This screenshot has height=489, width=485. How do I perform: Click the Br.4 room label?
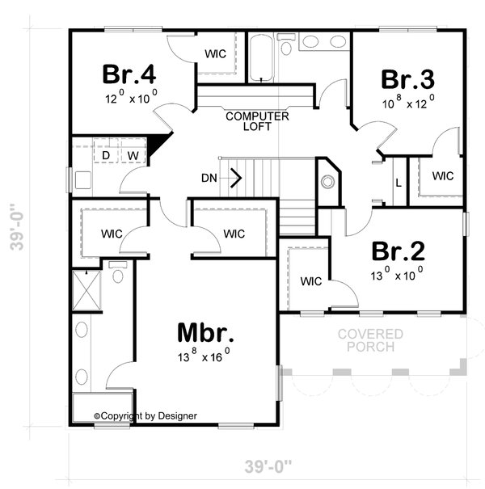(129, 74)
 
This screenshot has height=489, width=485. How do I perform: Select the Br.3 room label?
(407, 80)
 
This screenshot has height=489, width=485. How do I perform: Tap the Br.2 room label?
(399, 251)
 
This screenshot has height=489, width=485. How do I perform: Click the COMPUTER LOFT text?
(257, 121)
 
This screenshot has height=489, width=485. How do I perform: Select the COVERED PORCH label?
(371, 340)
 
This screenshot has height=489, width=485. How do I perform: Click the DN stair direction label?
(208, 177)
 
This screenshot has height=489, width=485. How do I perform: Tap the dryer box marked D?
(105, 154)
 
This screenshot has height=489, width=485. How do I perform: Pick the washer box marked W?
(132, 154)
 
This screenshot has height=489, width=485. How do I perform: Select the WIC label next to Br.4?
(215, 53)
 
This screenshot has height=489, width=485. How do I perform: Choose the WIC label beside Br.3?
(442, 175)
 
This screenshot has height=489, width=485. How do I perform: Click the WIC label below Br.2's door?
(311, 281)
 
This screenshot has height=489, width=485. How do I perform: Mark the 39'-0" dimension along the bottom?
(268, 466)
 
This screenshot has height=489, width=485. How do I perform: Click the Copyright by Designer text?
(145, 416)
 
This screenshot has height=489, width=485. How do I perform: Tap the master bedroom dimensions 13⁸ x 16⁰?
(205, 356)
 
